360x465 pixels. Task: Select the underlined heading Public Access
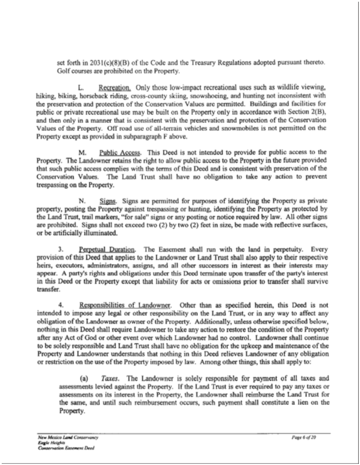pos(118,152)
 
